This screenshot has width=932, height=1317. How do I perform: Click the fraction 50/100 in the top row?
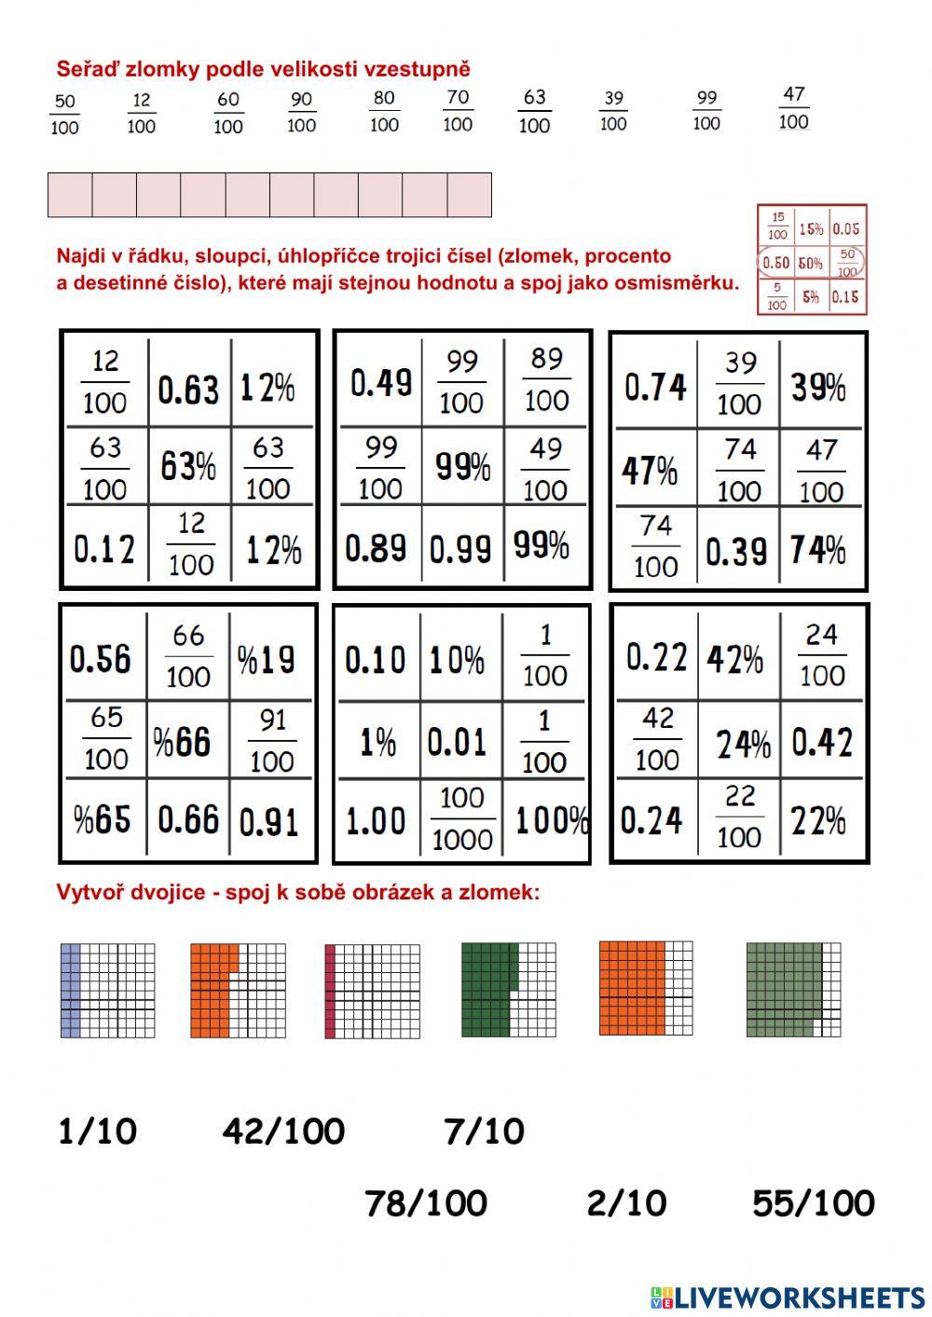64,114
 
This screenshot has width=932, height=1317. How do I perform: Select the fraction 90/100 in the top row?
301,112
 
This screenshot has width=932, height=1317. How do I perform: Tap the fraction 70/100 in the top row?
457,110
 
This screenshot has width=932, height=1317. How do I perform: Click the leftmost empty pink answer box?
70,195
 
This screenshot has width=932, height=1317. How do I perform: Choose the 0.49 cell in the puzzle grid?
381,383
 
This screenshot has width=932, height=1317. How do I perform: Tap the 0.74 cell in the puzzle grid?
655,386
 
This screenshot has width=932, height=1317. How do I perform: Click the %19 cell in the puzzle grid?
267,660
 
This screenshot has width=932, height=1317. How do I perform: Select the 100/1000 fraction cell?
462,818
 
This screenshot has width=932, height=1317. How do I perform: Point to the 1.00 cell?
376,821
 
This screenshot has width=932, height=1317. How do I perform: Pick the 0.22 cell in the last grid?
656,658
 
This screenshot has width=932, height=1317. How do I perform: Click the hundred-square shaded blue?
108,990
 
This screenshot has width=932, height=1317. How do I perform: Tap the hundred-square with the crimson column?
372,991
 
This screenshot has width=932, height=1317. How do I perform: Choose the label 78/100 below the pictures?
426,1203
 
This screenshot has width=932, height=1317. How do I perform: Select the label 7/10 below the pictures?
484,1132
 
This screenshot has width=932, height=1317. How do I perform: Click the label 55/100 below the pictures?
813,1203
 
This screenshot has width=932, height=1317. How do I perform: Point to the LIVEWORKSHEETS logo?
788,1296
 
